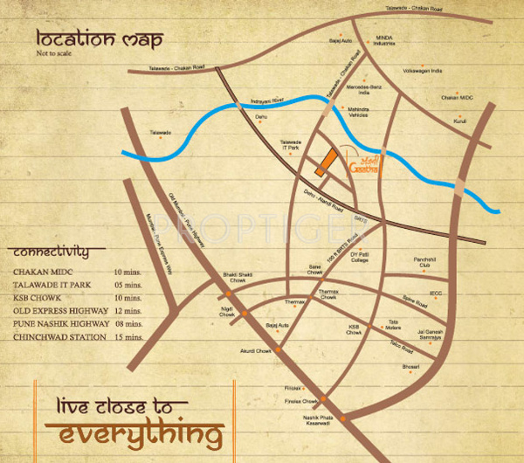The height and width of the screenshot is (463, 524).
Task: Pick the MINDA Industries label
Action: coord(386,40)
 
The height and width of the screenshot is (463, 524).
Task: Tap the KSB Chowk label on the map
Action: coord(354,329)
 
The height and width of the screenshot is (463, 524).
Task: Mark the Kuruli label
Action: coord(458,121)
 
